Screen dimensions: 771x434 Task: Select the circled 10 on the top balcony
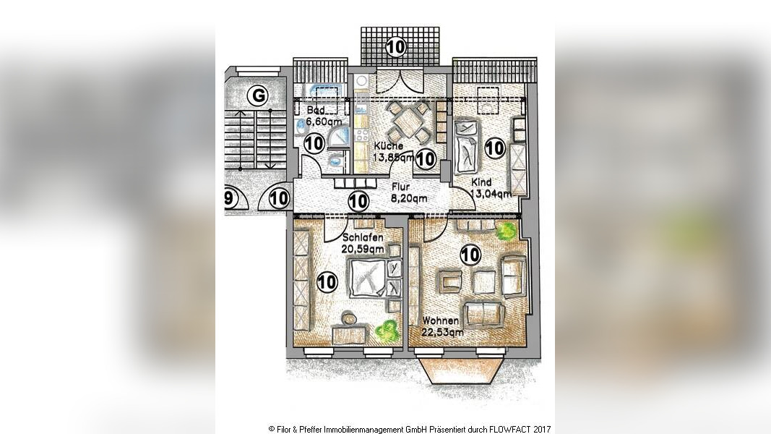coord(396,47)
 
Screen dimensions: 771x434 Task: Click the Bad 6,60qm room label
coord(323,115)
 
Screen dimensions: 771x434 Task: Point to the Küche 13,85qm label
coord(393,152)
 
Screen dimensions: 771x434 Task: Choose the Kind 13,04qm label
coord(490,188)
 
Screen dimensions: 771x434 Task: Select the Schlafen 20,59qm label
coord(363,243)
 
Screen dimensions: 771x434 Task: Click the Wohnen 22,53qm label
coord(442,326)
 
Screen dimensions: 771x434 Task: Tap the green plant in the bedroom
coord(387,332)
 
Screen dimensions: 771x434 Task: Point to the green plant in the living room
coord(507,231)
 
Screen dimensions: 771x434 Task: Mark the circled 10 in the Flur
coord(358,201)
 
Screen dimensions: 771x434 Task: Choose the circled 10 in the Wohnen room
coord(470,255)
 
